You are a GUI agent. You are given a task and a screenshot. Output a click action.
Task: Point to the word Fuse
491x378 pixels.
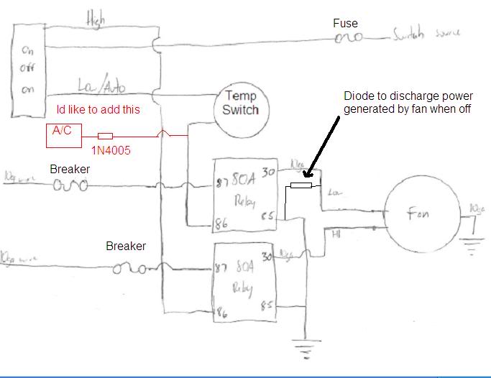345,24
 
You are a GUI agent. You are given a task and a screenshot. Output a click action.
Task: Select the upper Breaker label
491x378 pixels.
70,169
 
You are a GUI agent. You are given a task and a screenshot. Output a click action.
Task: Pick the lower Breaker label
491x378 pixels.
126,246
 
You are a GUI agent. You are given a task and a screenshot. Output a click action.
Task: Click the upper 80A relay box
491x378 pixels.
245,195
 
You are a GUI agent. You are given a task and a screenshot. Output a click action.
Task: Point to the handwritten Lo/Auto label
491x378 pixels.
101,87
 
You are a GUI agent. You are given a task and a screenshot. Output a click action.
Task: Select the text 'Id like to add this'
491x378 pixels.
98,109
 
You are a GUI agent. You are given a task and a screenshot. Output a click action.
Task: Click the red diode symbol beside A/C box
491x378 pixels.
105,135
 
